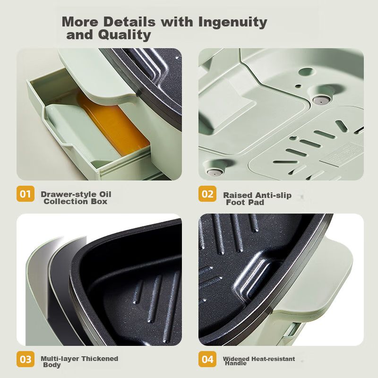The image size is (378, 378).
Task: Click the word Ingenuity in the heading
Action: tap(232, 22)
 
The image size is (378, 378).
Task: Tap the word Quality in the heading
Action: tap(124, 34)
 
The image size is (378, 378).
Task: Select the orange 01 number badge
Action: tap(26, 194)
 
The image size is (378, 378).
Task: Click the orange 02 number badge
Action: tap(207, 194)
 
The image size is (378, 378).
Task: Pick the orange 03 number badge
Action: tap(26, 359)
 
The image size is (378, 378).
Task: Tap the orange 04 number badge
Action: tap(207, 359)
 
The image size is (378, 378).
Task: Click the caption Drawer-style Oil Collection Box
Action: tap(76, 198)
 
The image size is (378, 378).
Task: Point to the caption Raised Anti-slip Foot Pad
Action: tap(257, 198)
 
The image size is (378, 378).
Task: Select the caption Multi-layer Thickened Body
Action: tap(79, 361)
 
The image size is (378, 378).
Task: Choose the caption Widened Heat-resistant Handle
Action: tap(259, 361)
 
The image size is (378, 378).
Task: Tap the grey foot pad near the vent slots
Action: tap(321, 99)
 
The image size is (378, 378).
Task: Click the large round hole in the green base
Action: tap(306, 71)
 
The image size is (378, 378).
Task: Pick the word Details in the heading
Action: tap(129, 22)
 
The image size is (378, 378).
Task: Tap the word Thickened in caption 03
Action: tap(100, 359)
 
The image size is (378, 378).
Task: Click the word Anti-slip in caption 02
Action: tap(274, 195)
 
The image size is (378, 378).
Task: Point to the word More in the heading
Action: tap(80, 22)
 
